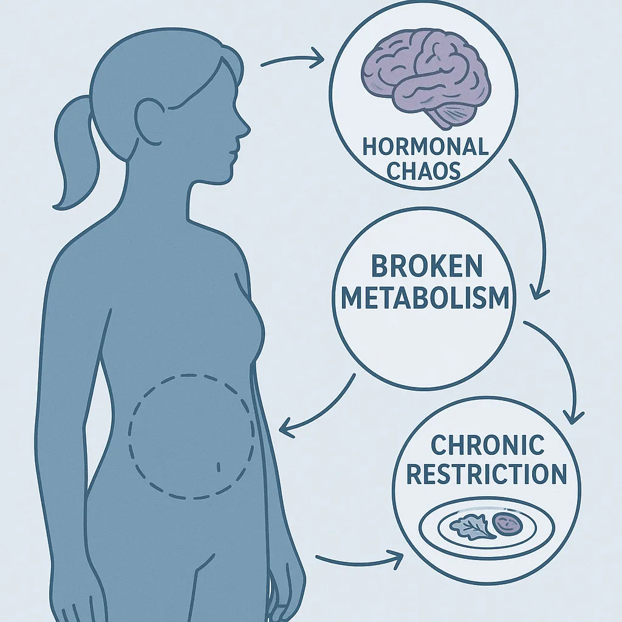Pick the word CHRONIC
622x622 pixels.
487,445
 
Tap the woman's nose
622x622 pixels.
244,128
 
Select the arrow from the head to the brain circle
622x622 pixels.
291,59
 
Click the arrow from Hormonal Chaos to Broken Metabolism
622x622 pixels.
535,231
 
